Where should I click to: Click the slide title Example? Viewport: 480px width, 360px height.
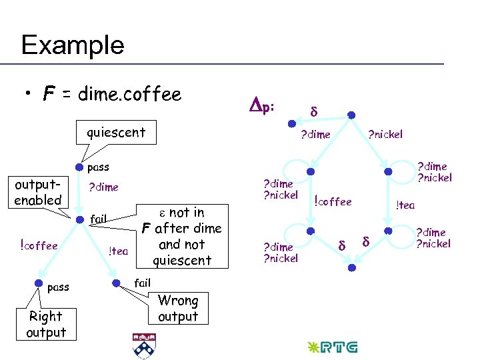[73, 45]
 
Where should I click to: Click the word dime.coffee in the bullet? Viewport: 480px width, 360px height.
[129, 95]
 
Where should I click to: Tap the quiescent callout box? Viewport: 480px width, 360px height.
[115, 132]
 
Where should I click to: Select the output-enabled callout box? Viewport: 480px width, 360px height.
[38, 192]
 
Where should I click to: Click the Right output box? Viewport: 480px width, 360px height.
[46, 324]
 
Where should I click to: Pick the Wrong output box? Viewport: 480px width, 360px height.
[178, 309]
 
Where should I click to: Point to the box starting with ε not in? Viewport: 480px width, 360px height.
[181, 236]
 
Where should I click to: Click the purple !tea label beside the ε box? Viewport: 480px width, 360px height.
[118, 251]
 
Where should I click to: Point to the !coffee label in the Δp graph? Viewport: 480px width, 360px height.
[333, 201]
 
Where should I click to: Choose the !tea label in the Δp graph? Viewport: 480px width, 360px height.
[405, 205]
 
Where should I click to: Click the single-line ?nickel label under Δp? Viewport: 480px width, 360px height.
[385, 134]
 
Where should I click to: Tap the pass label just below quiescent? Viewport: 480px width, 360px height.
[98, 167]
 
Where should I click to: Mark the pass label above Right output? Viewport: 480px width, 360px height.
[58, 287]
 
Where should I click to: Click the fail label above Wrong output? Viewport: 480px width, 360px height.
[143, 283]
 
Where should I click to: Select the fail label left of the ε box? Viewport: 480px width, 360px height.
[99, 218]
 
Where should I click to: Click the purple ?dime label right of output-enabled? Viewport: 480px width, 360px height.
[103, 187]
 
